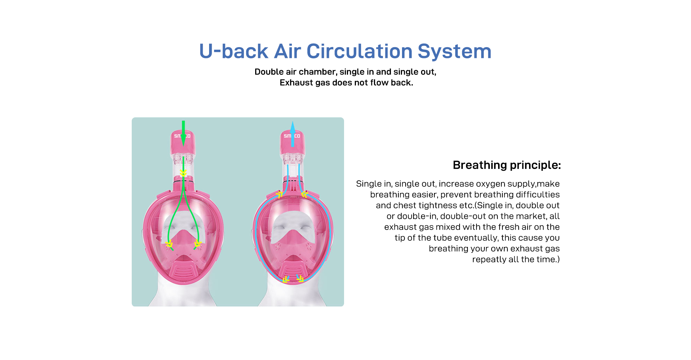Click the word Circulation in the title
click(x=359, y=51)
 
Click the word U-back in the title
click(x=234, y=51)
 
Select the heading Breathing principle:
click(x=507, y=165)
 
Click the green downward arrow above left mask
click(x=184, y=133)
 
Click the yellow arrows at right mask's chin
click(x=293, y=279)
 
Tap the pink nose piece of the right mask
click(x=293, y=240)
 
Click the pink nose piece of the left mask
click(x=184, y=240)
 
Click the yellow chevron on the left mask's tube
click(x=183, y=174)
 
